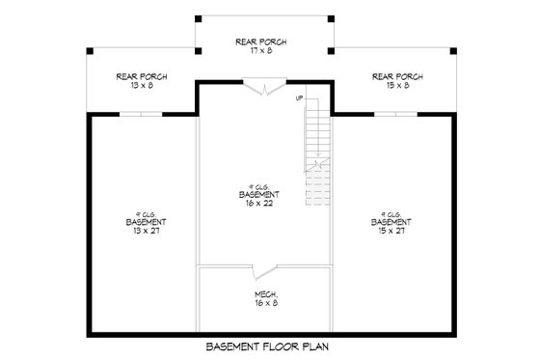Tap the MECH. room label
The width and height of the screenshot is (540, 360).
click(x=266, y=293)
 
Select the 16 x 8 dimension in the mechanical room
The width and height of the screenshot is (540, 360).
click(x=266, y=304)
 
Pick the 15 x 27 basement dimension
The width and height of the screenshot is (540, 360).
click(x=391, y=231)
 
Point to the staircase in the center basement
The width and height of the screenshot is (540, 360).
click(x=315, y=154)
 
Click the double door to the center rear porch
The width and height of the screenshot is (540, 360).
click(x=264, y=90)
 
